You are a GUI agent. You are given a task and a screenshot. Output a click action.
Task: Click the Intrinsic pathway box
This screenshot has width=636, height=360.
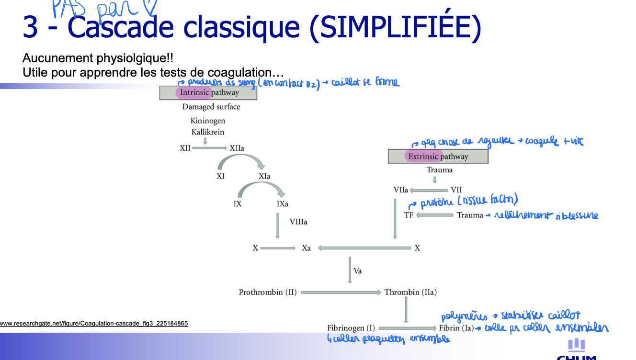coord(208,92)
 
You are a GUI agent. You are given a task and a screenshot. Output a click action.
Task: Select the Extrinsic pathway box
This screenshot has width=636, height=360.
coord(438,157)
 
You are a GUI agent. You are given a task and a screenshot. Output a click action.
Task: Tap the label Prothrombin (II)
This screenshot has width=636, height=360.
coord(268,292)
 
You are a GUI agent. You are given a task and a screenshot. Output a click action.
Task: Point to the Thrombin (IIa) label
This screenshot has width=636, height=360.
coord(410,292)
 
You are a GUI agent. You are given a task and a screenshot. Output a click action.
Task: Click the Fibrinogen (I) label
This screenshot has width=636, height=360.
coord(351,328)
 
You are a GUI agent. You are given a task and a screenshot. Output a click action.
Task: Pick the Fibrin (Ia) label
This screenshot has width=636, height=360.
coord(456,328)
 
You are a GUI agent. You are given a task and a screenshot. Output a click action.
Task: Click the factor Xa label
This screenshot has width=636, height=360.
coord(307,248)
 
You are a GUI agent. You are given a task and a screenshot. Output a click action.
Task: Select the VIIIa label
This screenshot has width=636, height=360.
coord(298,222)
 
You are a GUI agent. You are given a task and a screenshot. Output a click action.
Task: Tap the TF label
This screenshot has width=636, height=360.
coord(409,215)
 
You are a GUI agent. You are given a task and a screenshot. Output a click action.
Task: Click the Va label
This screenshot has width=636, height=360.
coord(358,271)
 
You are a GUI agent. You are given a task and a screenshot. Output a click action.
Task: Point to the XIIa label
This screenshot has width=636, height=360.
coord(237,148)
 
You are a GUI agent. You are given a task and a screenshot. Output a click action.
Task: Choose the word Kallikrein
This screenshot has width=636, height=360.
coord(208,132)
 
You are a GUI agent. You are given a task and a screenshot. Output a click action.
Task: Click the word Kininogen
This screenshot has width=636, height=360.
coord(208,121)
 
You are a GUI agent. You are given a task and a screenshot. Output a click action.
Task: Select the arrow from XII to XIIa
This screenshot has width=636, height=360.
coord(209,148)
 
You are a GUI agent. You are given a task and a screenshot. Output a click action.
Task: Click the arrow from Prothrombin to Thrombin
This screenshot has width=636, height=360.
coord(340,292)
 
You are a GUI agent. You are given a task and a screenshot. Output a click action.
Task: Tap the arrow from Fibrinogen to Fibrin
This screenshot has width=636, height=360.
coord(407,328)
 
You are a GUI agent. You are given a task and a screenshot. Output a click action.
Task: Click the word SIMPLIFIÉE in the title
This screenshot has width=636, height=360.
coord(395,28)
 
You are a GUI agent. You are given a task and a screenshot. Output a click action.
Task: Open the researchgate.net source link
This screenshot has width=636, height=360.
coord(94,324)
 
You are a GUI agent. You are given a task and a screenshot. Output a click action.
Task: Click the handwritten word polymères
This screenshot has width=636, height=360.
coord(464,317)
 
